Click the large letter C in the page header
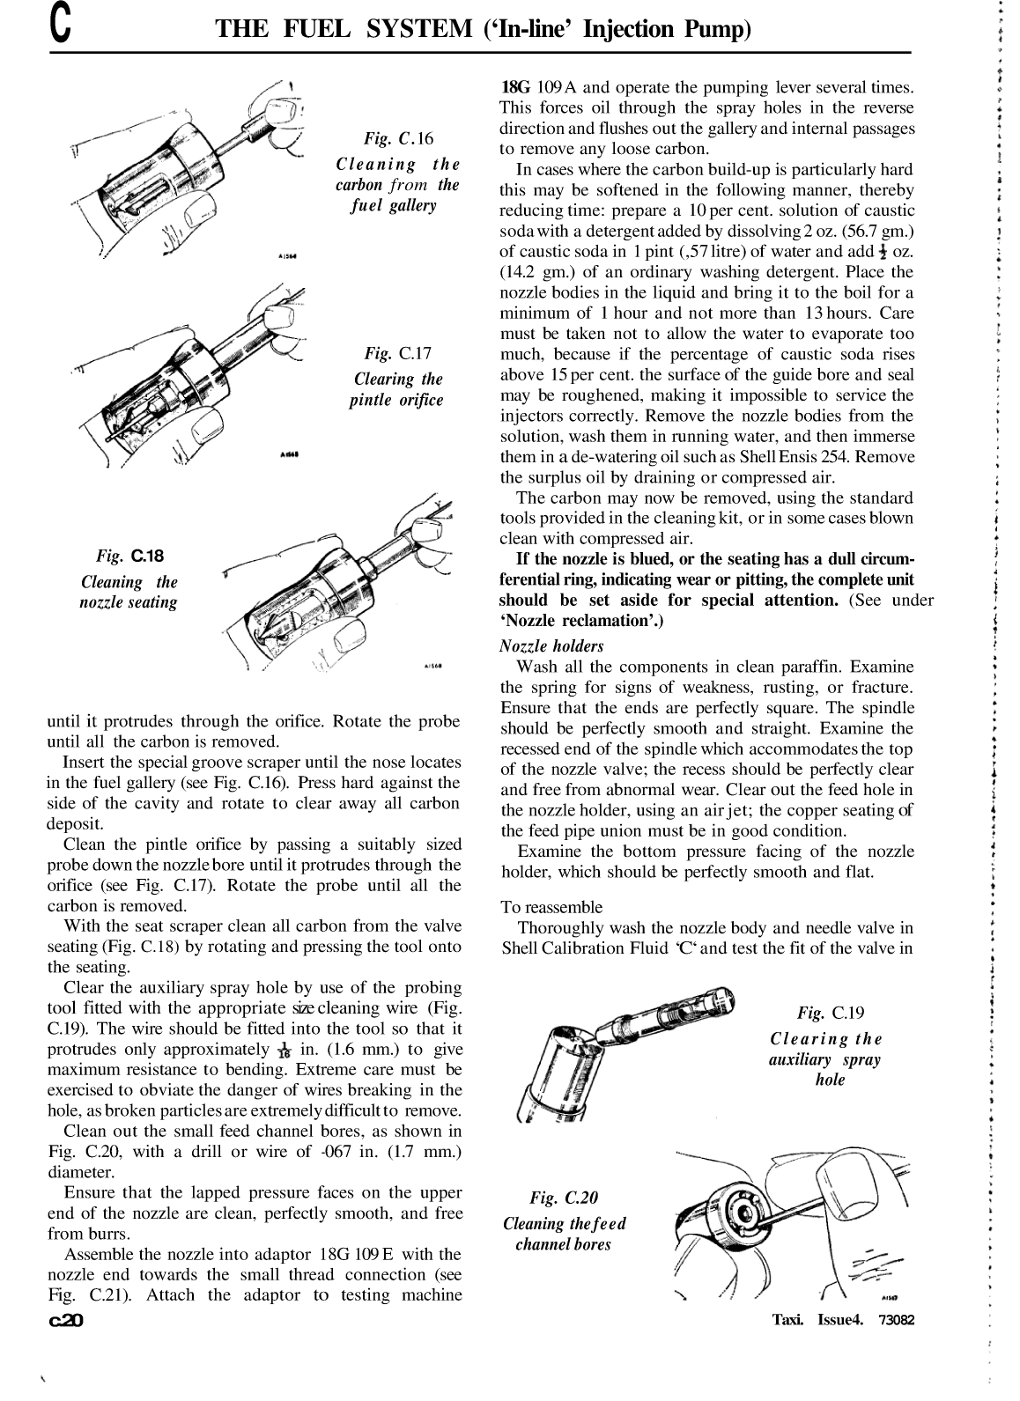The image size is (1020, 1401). click(x=59, y=28)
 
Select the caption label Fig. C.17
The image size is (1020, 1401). click(x=398, y=354)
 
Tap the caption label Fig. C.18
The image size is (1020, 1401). click(x=130, y=556)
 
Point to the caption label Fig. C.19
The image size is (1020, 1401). click(x=830, y=1013)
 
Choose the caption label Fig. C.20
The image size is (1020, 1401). click(x=564, y=1198)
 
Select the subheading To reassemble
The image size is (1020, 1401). click(x=551, y=907)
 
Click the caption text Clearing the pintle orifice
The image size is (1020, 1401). click(x=398, y=390)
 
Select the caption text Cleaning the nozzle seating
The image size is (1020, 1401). click(x=129, y=593)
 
